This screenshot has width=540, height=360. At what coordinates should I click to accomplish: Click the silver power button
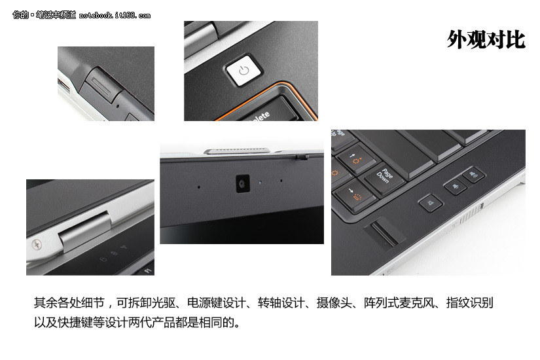click(244, 70)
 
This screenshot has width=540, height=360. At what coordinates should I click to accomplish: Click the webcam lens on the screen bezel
click(242, 184)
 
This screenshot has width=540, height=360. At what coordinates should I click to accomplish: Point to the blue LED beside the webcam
click(260, 182)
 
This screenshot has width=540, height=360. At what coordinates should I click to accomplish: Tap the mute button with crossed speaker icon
click(430, 202)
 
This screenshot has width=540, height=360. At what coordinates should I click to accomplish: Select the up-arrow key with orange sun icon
click(357, 159)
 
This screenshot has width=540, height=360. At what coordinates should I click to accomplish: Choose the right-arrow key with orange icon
click(354, 195)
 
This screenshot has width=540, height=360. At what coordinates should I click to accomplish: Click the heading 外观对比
click(486, 40)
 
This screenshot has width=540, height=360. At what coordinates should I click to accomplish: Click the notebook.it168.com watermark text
click(115, 15)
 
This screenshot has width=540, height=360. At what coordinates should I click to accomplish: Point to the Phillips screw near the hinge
click(37, 245)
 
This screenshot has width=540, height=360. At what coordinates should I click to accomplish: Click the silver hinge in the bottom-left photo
click(84, 232)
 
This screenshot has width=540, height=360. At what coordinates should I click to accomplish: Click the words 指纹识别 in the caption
click(470, 303)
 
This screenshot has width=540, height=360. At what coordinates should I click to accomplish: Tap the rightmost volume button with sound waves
click(474, 175)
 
